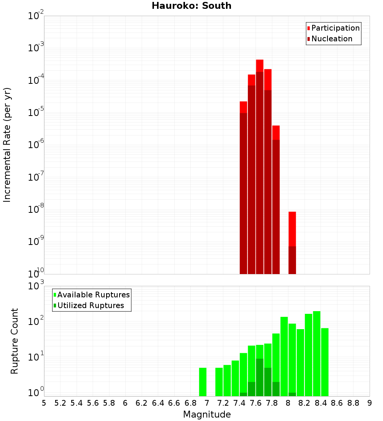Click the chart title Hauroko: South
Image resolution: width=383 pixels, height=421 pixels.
191,6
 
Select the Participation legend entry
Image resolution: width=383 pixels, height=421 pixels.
335,28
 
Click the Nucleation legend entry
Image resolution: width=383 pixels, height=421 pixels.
331,39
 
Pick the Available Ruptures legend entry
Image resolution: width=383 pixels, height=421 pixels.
93,295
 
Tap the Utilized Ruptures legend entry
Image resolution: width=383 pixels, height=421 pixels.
90,305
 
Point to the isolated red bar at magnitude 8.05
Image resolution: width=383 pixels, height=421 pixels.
292,230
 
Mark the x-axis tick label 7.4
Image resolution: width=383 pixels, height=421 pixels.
239,403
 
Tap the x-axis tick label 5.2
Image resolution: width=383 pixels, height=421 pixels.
60,403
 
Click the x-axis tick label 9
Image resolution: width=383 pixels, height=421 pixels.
370,403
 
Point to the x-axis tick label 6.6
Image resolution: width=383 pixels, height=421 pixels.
174,403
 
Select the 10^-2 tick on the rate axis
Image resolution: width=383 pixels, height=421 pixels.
36,16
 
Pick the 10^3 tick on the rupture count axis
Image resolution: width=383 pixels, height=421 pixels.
37,286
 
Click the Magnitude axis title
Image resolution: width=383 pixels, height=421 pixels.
207,414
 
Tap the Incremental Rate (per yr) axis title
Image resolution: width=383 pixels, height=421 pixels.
7,145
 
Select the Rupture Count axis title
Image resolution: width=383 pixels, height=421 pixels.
15,341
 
